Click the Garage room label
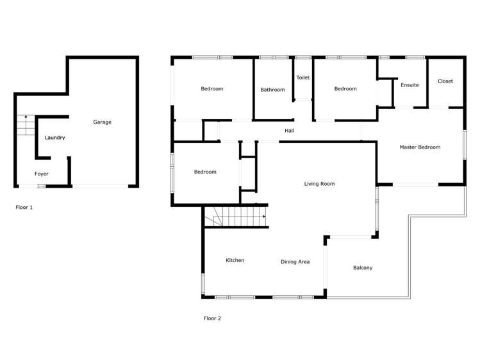pyautogui.click(x=102, y=122)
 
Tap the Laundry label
pyautogui.click(x=54, y=138)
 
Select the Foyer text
pyautogui.click(x=42, y=174)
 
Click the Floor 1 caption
pyautogui.click(x=24, y=208)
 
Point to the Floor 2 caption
pyautogui.click(x=212, y=318)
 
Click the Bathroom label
pyautogui.click(x=272, y=90)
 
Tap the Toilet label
pyautogui.click(x=302, y=78)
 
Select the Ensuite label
pyautogui.click(x=410, y=85)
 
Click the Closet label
pyautogui.click(x=445, y=81)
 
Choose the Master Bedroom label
pyautogui.click(x=420, y=147)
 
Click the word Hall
pyautogui.click(x=290, y=131)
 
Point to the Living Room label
pyautogui.click(x=319, y=184)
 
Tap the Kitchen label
pyautogui.click(x=235, y=260)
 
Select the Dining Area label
pyautogui.click(x=295, y=261)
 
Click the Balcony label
pyautogui.click(x=363, y=268)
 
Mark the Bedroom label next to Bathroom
pyautogui.click(x=211, y=88)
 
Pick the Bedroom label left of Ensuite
pyautogui.click(x=345, y=88)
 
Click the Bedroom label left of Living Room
pyautogui.click(x=205, y=172)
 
